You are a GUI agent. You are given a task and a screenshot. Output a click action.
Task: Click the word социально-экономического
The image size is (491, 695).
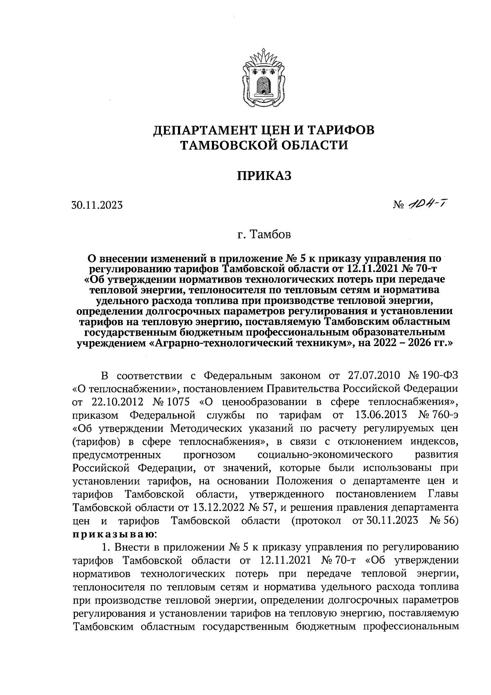[326, 455]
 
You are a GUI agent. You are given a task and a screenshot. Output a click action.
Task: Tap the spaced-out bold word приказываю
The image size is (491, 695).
[113, 534]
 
